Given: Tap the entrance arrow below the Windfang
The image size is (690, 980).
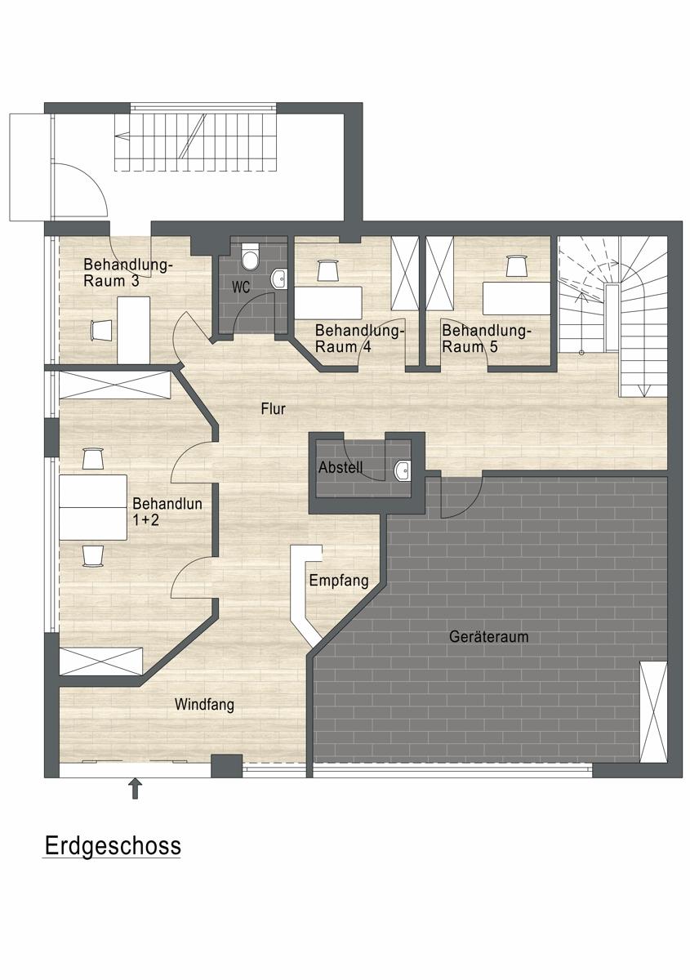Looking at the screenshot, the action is coord(136,788).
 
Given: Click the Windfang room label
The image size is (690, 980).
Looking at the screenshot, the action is coord(204,705).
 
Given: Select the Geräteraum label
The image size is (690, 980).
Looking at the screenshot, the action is coord(489,636).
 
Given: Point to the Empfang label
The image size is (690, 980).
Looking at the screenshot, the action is coord(339,581).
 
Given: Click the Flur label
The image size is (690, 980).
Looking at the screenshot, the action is coord(274,409).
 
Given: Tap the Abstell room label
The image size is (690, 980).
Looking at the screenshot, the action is coord(341,467).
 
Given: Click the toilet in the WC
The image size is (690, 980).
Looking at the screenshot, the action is coord(250,257).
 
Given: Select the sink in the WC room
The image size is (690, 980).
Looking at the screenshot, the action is coord(278,279).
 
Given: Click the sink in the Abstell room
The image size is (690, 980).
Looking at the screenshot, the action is coord(402,470).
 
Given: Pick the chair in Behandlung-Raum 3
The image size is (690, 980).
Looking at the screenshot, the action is coord(101,330).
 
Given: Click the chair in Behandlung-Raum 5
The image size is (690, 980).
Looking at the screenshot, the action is coord(516,266).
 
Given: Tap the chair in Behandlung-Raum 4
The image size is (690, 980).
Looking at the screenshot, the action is coord(327,270).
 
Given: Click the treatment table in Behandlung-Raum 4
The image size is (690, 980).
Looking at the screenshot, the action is coord(328,303).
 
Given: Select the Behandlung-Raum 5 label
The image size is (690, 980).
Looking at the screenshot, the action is coord(486,339).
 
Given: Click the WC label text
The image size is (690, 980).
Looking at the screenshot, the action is coord(241,287).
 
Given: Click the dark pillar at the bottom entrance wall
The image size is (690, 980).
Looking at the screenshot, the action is coord(227,766).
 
